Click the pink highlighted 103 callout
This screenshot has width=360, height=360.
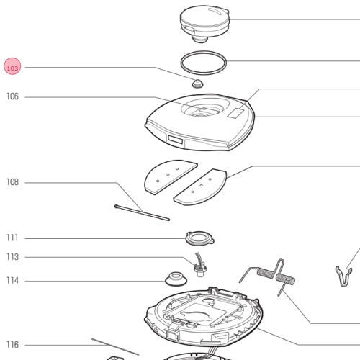point(12,66)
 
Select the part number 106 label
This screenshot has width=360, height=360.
point(12,96)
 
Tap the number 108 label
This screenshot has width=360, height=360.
point(12,182)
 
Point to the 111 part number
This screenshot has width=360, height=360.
point(12,238)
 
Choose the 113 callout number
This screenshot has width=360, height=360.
point(12,257)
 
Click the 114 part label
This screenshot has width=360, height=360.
point(12,280)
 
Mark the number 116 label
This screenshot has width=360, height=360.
point(12,345)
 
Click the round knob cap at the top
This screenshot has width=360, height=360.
point(204,24)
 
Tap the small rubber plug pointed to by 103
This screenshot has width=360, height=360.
point(198,84)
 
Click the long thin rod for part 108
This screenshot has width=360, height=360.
point(142,212)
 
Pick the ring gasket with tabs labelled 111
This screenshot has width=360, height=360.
point(199,238)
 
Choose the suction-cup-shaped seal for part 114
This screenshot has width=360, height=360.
point(176,279)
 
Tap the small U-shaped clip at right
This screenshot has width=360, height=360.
point(343,276)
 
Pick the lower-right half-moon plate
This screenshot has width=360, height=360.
point(201,187)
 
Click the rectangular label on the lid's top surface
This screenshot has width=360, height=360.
point(235,113)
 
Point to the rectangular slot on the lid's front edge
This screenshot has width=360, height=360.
point(175,140)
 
